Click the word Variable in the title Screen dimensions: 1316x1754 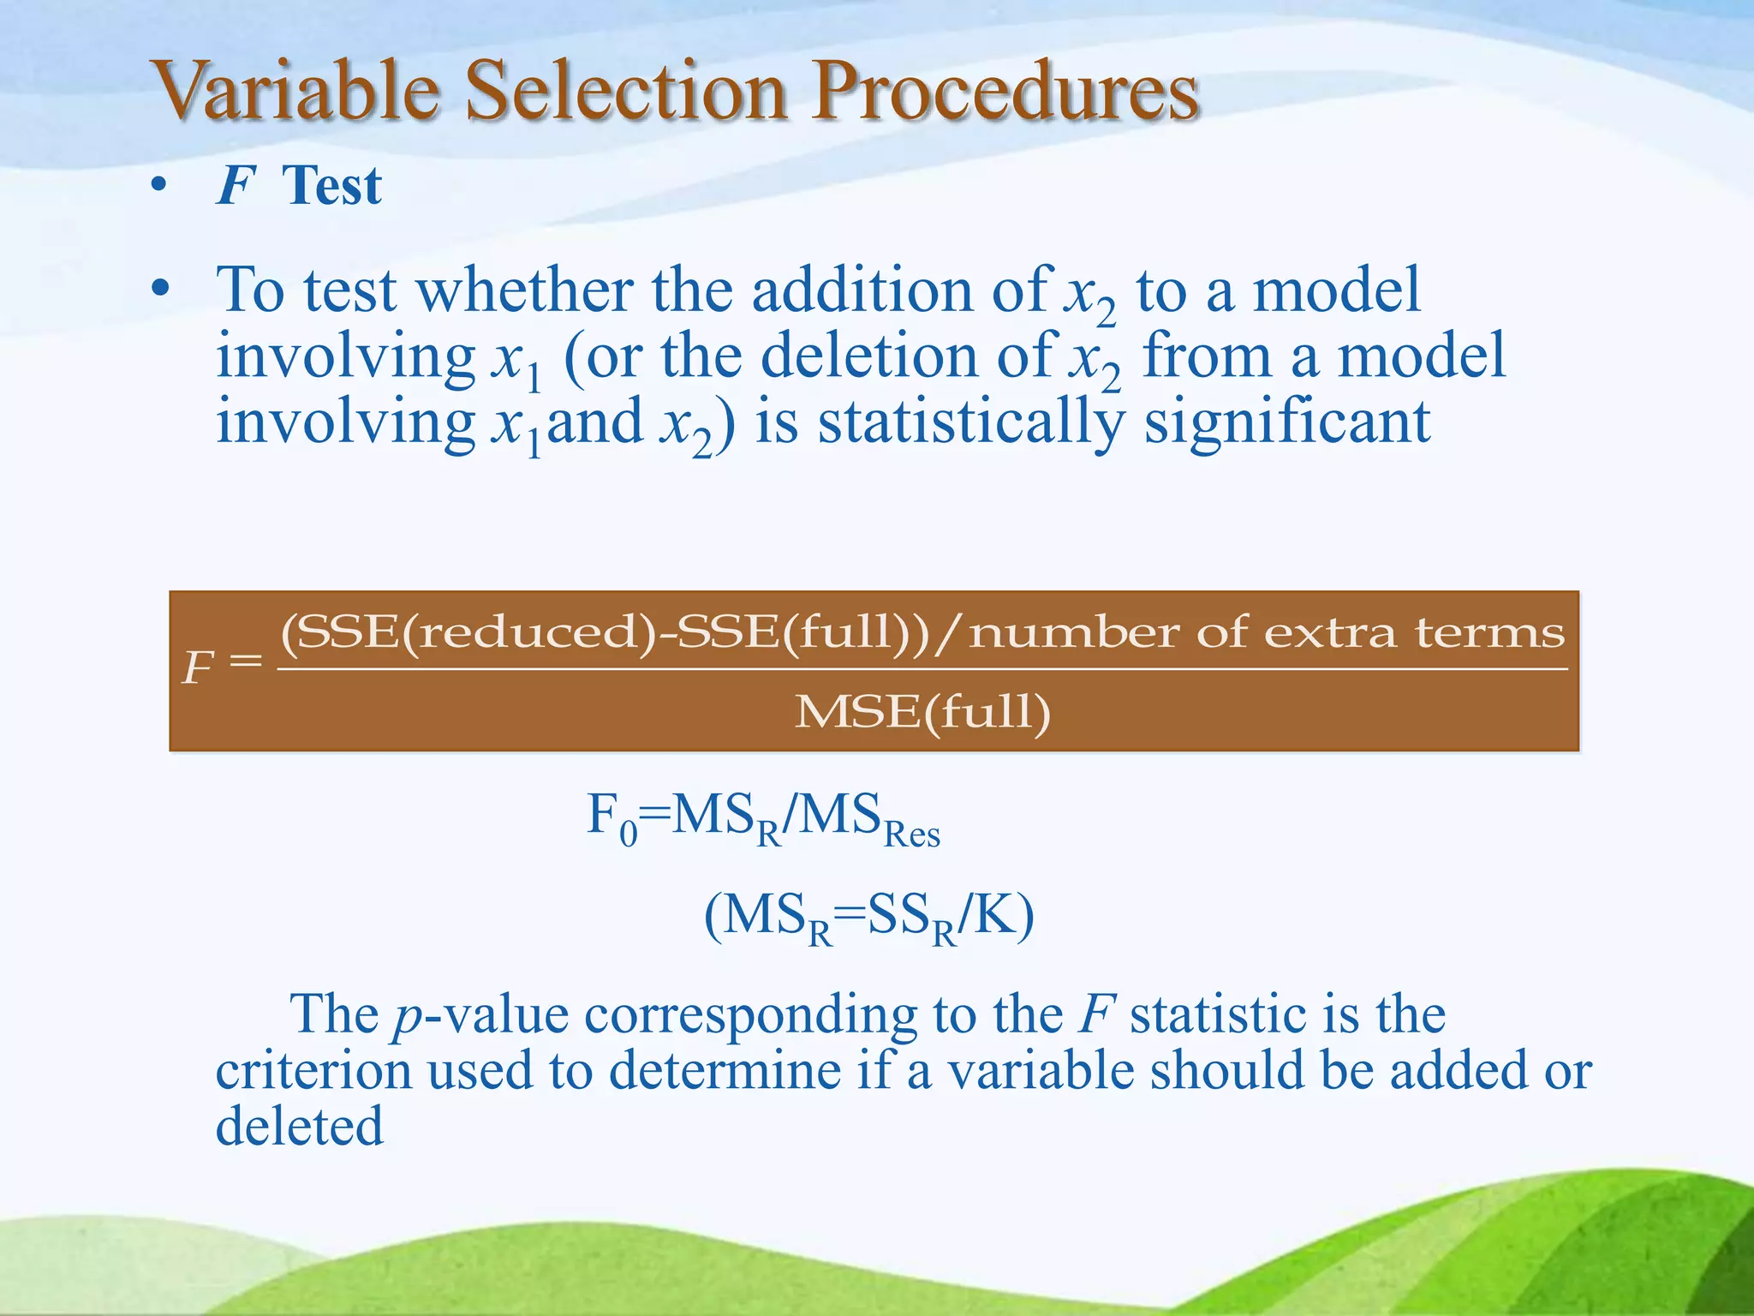tap(295, 92)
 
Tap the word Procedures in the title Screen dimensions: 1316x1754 tap(1005, 92)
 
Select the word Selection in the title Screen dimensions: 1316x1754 tap(625, 92)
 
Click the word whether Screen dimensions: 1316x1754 tap(524, 291)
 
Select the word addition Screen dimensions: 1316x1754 tap(862, 291)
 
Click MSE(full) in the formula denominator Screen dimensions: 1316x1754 tap(922, 712)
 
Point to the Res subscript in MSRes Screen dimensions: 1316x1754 tap(911, 835)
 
